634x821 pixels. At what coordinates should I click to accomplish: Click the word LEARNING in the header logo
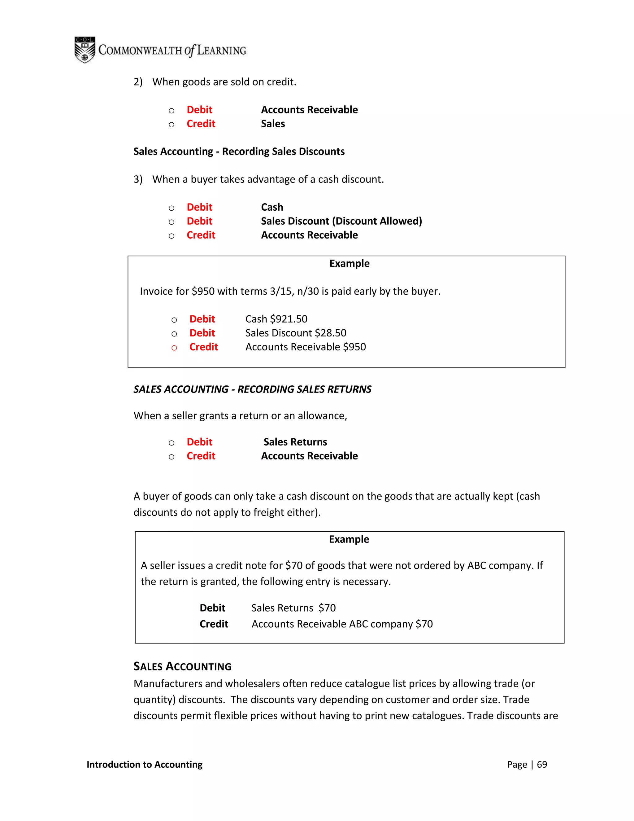pos(221,50)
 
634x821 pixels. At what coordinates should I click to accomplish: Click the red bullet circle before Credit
pos(174,348)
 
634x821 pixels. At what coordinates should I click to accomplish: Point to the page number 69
pos(542,765)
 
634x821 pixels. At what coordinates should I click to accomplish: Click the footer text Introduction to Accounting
pos(144,765)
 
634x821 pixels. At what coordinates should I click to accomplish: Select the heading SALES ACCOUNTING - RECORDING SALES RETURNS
pos(252,389)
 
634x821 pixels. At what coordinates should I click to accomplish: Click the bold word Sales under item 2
pos(273,124)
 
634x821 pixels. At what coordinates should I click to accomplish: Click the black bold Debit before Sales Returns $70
pos(212,608)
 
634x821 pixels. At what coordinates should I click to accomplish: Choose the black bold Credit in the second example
pos(214,624)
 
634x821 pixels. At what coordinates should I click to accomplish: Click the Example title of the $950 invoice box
pos(349,264)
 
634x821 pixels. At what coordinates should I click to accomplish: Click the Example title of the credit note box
pos(349,539)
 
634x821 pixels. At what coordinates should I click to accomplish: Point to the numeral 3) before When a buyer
pos(138,179)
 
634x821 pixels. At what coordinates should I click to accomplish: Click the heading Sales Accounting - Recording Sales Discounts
pos(239,151)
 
